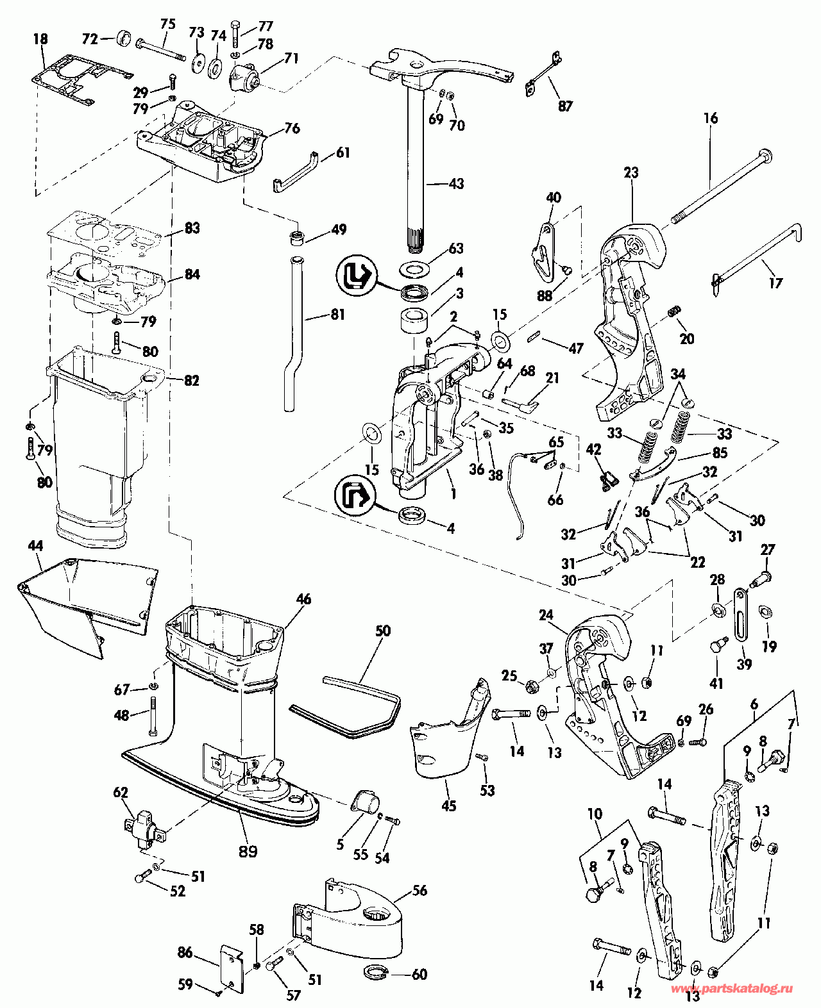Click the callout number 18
point(40,39)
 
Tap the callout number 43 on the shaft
point(455,184)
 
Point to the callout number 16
point(710,119)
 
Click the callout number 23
point(631,172)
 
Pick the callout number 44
point(35,546)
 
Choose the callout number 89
point(248,851)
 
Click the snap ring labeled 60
point(375,971)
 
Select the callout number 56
point(419,891)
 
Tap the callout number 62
point(121,793)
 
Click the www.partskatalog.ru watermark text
point(731,989)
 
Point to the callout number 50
point(382,631)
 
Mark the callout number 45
point(448,806)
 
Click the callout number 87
point(564,106)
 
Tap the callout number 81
point(337,315)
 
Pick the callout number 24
point(546,615)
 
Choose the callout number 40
point(553,197)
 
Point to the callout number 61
point(343,153)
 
